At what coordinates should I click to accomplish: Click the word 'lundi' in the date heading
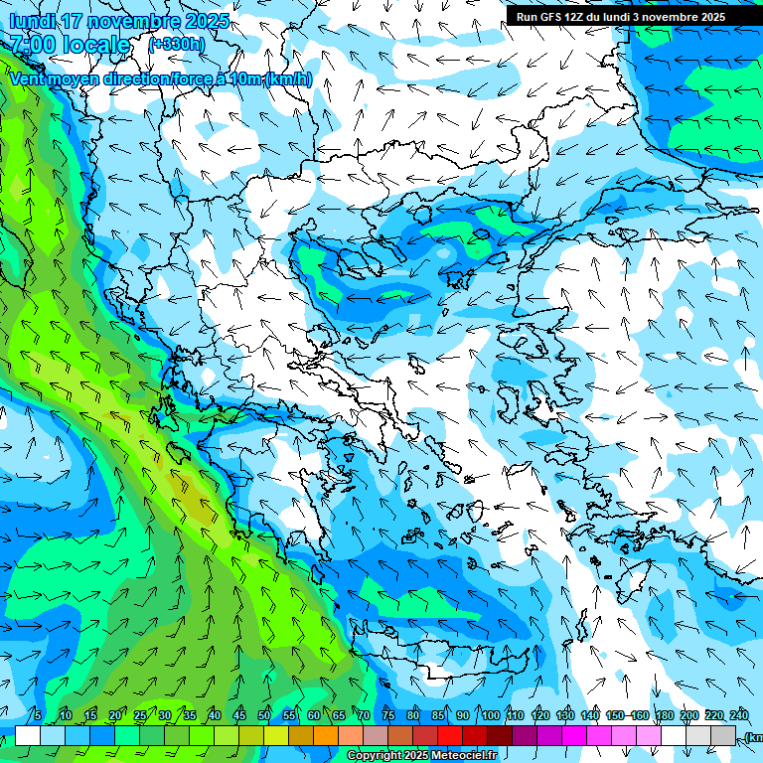click(31, 21)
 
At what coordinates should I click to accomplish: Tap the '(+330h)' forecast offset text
click(177, 44)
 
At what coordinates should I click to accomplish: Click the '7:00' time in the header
click(31, 45)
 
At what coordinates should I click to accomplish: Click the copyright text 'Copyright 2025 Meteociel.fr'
click(421, 756)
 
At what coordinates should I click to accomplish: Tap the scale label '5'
click(38, 715)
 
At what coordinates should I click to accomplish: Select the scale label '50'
click(264, 715)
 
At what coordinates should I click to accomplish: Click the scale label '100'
click(491, 715)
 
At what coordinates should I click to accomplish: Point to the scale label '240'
click(739, 715)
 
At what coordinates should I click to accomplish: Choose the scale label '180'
click(665, 715)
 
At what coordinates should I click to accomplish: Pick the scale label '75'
click(388, 715)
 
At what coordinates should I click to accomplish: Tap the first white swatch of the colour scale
click(28, 735)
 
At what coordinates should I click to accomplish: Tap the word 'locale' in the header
click(95, 45)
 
